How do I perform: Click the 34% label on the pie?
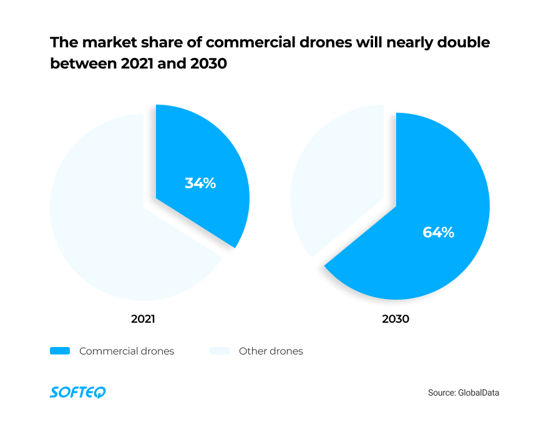tap(200, 183)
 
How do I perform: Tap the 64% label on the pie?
tap(439, 232)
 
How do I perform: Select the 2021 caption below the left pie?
tap(143, 318)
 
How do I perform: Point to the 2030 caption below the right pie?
tap(396, 318)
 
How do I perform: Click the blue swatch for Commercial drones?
tap(60, 351)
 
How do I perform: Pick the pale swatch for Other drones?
tap(220, 351)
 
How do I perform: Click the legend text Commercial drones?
tap(127, 351)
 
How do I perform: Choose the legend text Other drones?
tap(271, 351)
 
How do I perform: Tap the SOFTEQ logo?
tap(77, 392)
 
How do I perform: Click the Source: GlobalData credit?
tap(464, 392)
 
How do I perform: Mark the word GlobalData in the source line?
tap(479, 392)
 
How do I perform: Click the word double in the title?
tap(461, 43)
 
